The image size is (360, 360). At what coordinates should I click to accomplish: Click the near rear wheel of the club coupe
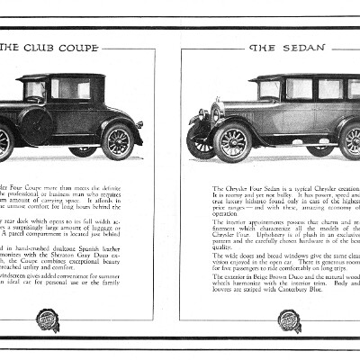[117, 140]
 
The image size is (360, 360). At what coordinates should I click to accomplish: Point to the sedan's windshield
[268, 90]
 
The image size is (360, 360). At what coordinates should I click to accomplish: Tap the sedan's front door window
[298, 89]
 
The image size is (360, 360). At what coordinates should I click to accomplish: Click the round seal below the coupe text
[48, 320]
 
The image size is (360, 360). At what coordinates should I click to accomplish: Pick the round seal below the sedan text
[290, 320]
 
